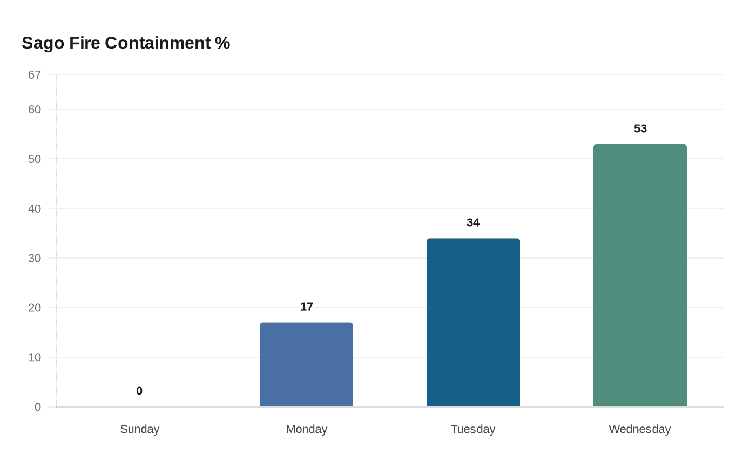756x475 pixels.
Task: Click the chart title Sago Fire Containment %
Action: (126, 43)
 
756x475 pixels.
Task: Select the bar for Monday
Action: (306, 364)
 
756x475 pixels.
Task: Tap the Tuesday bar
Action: (473, 322)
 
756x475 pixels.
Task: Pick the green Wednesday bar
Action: (640, 275)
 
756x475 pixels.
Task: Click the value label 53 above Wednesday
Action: (640, 128)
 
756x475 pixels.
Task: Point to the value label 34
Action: (473, 222)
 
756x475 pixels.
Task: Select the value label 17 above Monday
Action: (306, 307)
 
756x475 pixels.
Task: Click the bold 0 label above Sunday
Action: (139, 391)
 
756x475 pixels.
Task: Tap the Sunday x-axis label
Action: (139, 429)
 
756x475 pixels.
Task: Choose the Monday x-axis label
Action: (306, 429)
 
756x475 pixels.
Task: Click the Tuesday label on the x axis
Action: (473, 429)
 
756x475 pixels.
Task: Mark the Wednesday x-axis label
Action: (640, 429)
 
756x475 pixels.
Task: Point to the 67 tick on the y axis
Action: (35, 75)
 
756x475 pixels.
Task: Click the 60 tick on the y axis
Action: (35, 110)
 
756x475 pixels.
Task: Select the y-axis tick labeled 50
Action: (35, 159)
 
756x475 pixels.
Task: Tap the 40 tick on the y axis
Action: (35, 209)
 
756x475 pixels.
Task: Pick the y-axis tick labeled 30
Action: (35, 259)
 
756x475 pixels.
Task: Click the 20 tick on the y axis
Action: (35, 308)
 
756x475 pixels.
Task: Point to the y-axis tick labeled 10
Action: (35, 357)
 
